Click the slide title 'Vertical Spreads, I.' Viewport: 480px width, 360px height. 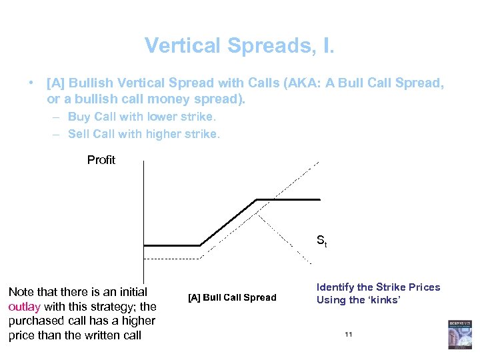coord(240,45)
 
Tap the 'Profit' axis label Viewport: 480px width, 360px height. coord(101,160)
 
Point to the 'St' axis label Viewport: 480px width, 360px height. coord(321,240)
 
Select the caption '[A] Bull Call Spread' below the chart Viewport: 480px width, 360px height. coord(232,297)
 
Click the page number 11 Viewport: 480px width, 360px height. coord(348,334)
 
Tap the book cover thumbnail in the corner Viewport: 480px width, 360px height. coord(460,333)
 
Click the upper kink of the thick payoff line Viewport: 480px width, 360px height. coord(257,199)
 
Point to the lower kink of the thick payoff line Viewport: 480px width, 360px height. coord(200,245)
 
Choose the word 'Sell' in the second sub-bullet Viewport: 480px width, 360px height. coord(79,134)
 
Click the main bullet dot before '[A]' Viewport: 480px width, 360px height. coord(31,84)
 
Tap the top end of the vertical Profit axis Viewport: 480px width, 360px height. coord(144,161)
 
